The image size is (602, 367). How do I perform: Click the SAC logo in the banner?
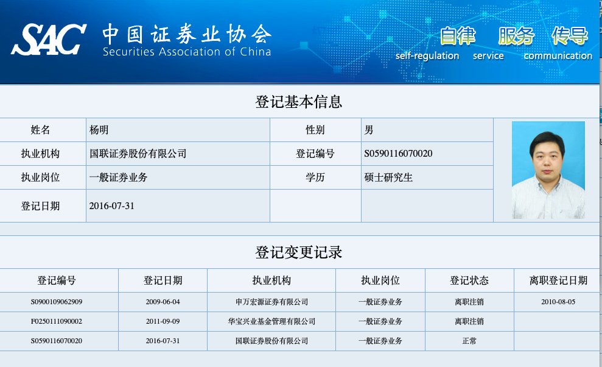pos(49,39)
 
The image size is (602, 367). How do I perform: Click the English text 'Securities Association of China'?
pos(187,52)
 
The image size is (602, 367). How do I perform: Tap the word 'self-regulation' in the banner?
pos(427,55)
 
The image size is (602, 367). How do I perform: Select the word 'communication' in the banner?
pos(558,55)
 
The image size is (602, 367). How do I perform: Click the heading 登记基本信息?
pos(299,102)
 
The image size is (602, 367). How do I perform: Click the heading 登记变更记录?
pos(299,252)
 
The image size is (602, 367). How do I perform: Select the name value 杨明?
pos(99,130)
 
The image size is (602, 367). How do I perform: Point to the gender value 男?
pos(369,130)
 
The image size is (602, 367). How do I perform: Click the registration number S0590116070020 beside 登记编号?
pos(398,154)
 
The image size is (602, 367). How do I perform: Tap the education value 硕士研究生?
pos(388,177)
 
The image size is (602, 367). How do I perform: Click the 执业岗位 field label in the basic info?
pos(40,177)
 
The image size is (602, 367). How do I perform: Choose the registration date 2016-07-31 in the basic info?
pos(112,206)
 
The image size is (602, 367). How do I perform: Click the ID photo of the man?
pos(548,170)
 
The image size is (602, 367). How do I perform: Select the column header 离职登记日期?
pos(558,280)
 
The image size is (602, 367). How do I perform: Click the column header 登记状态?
pos(469,280)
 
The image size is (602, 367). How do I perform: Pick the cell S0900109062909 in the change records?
pos(57,302)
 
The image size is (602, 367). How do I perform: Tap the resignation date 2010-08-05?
pos(558,302)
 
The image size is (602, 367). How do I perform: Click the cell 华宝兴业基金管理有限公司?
pos(271,321)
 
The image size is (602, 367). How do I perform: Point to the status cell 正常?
pos(469,341)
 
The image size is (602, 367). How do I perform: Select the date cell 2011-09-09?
pos(163,321)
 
